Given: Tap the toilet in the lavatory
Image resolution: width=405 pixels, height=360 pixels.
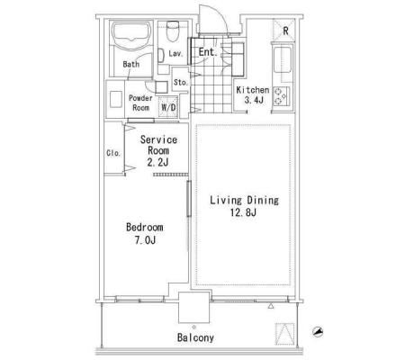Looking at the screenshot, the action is (x=172, y=31).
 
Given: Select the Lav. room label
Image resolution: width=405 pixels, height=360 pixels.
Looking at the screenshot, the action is (x=175, y=54).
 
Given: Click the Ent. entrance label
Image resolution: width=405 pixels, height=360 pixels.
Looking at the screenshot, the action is (x=208, y=52).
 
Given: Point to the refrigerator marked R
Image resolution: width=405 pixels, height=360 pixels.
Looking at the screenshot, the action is (x=283, y=30).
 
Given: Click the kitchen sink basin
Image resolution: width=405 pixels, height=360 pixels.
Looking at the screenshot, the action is (x=283, y=59).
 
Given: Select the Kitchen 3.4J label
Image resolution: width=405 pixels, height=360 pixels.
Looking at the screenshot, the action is (x=253, y=94).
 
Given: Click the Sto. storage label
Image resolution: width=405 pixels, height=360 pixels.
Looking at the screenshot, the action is (x=181, y=82).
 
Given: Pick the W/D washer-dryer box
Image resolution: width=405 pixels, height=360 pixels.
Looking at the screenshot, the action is (x=168, y=107).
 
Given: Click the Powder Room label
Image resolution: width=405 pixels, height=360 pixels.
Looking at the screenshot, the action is (x=140, y=103).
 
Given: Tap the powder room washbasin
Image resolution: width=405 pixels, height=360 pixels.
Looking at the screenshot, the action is (x=115, y=99).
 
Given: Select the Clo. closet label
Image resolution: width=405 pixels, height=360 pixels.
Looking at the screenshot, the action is (x=113, y=153).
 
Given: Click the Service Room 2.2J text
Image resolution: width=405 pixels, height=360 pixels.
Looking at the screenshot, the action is (x=158, y=151).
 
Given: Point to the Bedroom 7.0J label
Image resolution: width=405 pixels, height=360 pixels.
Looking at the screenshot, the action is (x=145, y=233).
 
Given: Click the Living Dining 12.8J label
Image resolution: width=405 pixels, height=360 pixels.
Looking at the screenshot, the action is (x=244, y=206).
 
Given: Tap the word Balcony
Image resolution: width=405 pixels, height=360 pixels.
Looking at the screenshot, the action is (x=195, y=337).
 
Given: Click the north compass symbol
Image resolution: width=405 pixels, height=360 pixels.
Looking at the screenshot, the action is (x=318, y=331).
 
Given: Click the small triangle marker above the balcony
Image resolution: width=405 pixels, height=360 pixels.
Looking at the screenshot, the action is (x=271, y=306).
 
